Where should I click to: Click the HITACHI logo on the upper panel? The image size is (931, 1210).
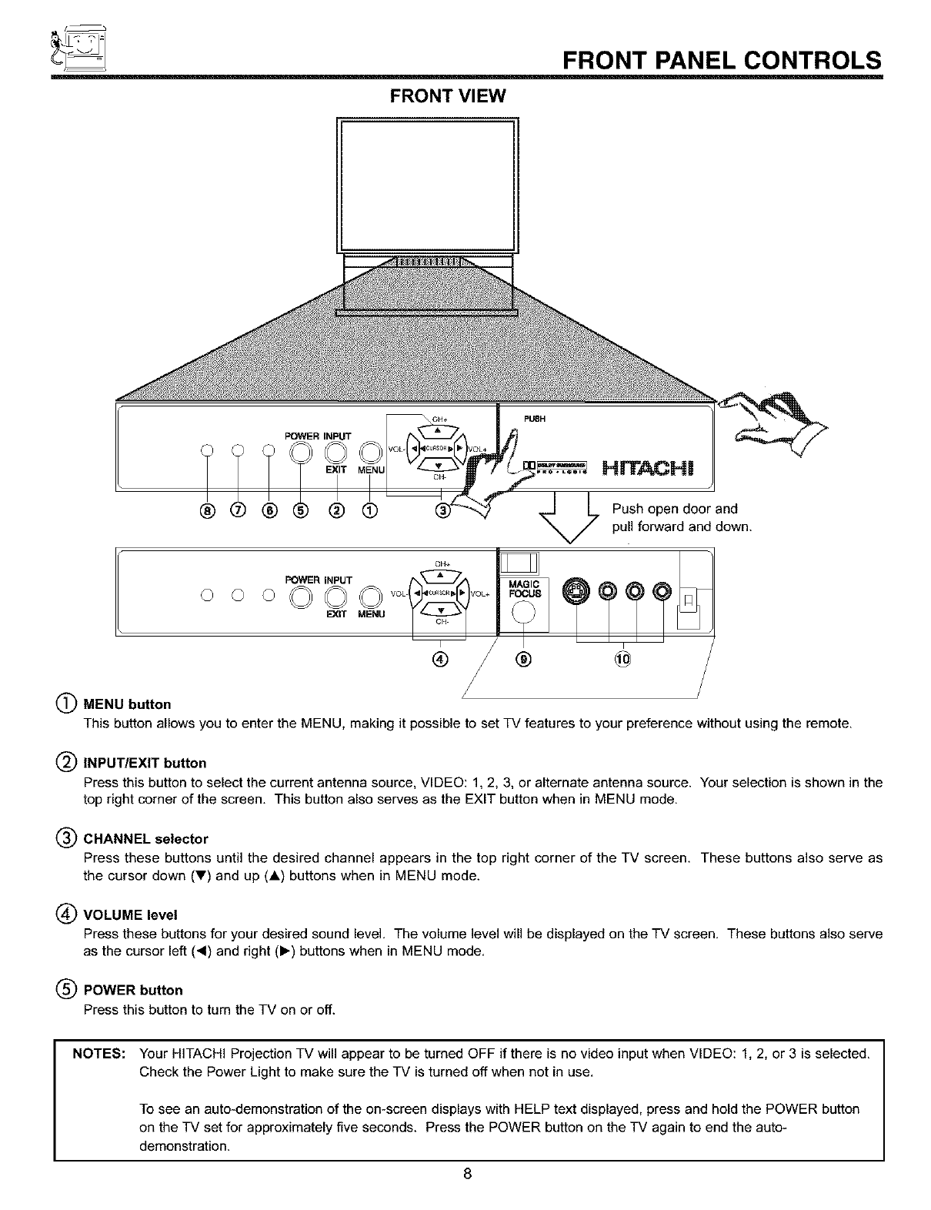(649, 468)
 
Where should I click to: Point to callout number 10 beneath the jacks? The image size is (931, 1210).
(622, 659)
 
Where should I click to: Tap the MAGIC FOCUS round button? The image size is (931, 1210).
(523, 613)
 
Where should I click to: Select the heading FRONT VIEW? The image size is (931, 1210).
(447, 96)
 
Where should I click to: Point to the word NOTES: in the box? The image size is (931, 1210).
(99, 1053)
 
